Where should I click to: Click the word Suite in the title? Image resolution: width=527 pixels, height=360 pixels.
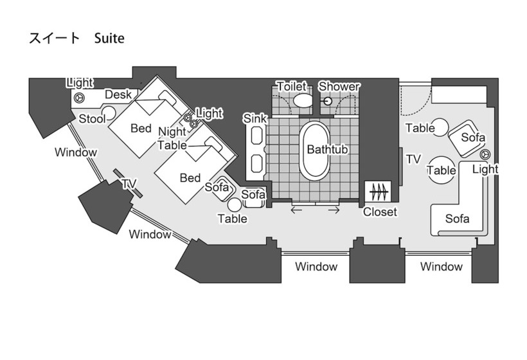109,39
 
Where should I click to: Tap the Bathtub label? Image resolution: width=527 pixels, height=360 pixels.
327,150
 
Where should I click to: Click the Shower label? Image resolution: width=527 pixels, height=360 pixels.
339,86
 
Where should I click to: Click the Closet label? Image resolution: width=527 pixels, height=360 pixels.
380,212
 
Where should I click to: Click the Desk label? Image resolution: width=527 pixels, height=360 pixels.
118,94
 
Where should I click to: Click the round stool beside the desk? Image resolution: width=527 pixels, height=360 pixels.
109,113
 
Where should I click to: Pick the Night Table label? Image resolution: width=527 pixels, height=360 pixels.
172,138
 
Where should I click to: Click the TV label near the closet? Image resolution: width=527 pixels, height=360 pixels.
413,159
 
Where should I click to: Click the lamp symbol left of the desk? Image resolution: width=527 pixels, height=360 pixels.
80,98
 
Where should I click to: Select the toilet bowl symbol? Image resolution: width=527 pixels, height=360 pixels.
302,101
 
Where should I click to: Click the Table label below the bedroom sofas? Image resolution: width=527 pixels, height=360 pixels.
232,219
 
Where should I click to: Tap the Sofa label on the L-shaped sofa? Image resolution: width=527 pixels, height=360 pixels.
458,219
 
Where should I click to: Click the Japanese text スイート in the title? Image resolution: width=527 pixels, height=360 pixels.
54,39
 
